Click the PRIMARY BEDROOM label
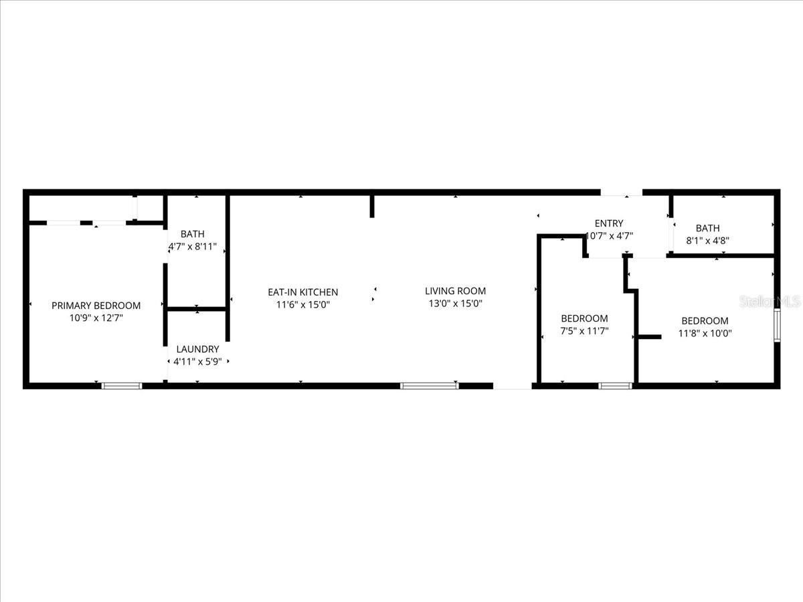[96, 306]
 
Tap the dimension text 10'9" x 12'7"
[96, 318]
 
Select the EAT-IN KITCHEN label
[303, 292]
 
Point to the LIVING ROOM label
[455, 291]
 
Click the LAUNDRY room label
[197, 349]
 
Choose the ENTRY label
[608, 223]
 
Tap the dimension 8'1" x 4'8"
[707, 241]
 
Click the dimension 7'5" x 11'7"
[584, 330]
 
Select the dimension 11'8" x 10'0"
[705, 332]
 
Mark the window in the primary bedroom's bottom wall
[122, 385]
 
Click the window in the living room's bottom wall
[429, 385]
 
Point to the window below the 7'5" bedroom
[615, 385]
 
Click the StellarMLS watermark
[769, 302]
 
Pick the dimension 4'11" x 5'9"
[197, 361]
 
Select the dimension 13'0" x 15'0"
[455, 303]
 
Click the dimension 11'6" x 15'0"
[303, 304]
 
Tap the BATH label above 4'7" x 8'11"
[193, 234]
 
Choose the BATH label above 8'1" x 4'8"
[707, 229]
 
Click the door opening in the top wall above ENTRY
[622, 193]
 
